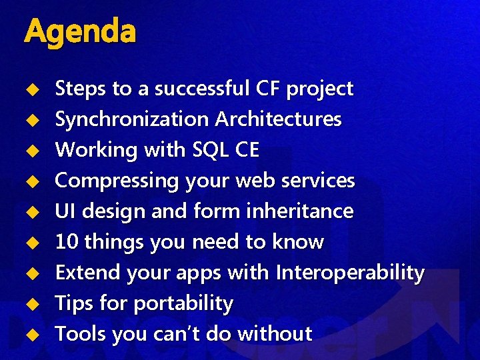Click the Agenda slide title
tap(79, 31)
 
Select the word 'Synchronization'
tap(131, 120)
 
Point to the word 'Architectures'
tap(278, 119)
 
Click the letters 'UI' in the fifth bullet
tap(65, 211)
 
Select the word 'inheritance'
tap(299, 211)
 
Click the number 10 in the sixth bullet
tap(65, 242)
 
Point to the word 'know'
tap(297, 242)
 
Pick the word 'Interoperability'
tap(350, 273)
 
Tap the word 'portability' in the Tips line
tap(183, 304)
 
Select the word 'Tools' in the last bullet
tap(80, 334)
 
